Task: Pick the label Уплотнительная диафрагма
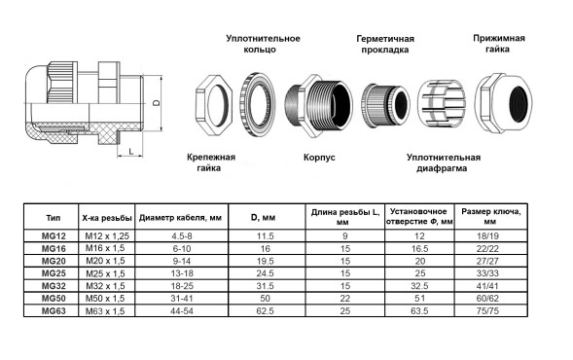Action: (444, 162)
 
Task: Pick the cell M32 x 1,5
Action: (104, 285)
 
